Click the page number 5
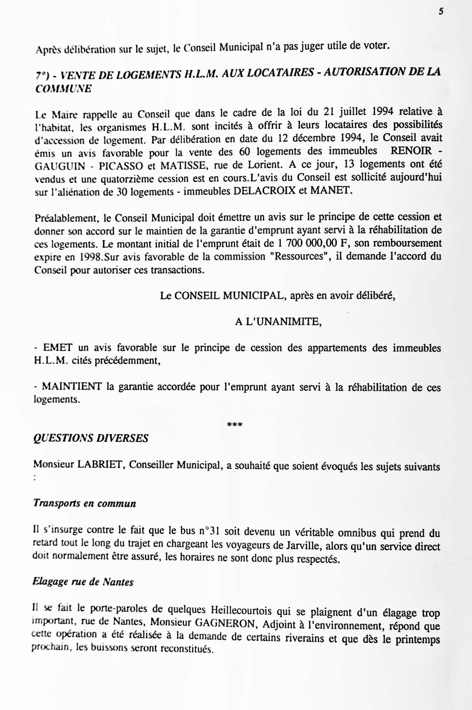pos(441,12)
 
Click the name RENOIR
pos(411,150)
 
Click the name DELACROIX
pos(265,191)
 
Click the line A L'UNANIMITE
pos(278,322)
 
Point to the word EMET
pos(58,348)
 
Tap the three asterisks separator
pos(235,425)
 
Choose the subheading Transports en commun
pos(85,503)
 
